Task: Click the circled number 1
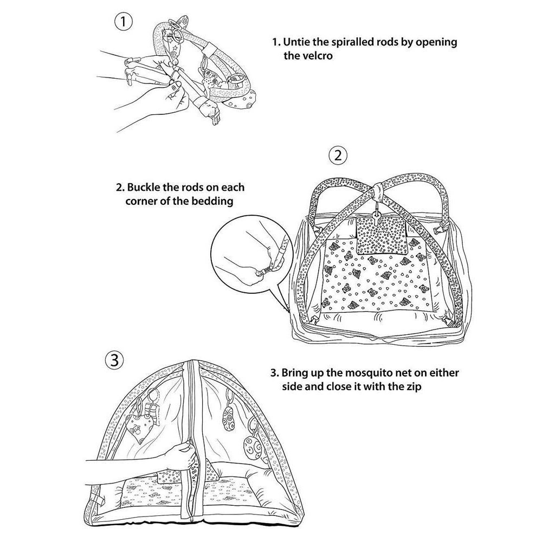(x=124, y=22)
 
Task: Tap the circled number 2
(x=338, y=156)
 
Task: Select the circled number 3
(x=114, y=360)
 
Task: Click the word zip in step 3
(x=414, y=387)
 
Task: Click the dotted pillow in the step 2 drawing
(x=382, y=235)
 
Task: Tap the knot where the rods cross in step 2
(x=378, y=188)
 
